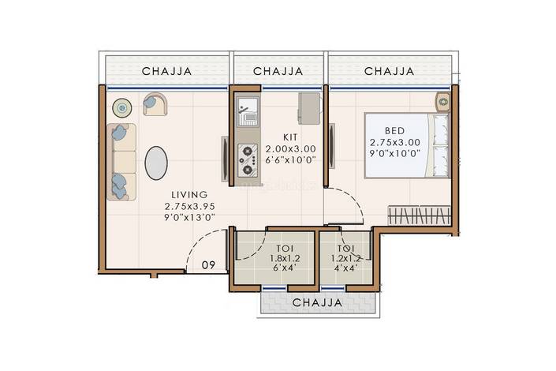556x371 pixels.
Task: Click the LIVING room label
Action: point(189,194)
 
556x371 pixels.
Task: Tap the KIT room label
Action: point(290,137)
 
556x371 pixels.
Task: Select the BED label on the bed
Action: point(394,131)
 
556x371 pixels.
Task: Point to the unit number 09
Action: point(208,265)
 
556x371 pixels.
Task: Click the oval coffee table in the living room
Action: point(156,163)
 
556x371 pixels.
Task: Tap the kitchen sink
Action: point(248,111)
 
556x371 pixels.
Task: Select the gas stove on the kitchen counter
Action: point(248,160)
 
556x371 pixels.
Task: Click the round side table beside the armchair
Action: point(122,107)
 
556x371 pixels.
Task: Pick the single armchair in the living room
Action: point(155,103)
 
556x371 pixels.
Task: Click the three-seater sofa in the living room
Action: point(121,162)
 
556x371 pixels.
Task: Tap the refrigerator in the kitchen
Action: point(309,108)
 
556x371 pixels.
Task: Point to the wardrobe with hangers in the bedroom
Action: point(419,215)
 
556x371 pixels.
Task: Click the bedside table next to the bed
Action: point(443,102)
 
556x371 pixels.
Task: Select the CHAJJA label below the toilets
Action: point(317,303)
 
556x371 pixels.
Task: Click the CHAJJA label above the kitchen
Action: point(278,71)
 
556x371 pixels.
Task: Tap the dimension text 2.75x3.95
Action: point(190,206)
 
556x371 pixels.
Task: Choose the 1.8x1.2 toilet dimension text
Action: point(285,258)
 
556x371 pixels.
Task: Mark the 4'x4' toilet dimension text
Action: point(345,268)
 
